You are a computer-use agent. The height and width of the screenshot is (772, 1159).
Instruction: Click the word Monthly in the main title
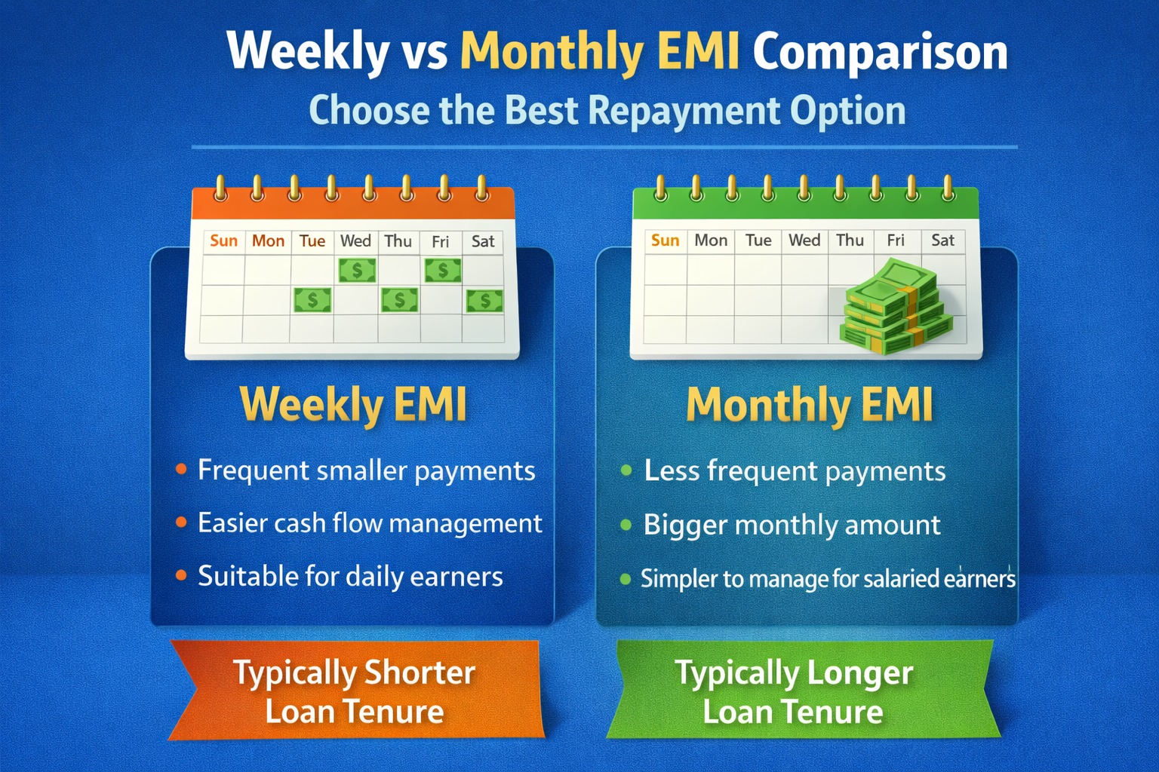click(551, 53)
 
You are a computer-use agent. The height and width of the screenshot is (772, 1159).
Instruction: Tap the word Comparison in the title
click(880, 53)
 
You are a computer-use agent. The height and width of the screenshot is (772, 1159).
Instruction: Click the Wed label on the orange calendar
click(355, 241)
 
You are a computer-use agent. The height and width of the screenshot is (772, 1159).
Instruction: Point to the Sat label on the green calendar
click(942, 240)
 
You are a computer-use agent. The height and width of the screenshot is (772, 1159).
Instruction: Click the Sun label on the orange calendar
click(223, 241)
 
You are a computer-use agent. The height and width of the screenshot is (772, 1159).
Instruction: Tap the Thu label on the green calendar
click(850, 240)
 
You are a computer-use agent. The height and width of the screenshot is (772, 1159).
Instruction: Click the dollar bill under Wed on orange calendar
click(357, 270)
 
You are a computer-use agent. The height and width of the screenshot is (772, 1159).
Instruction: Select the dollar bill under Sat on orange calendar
click(484, 301)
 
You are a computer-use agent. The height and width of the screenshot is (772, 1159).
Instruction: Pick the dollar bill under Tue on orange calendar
click(312, 301)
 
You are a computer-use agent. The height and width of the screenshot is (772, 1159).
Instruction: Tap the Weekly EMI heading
click(353, 405)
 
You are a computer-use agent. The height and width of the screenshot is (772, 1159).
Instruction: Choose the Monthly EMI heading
click(810, 405)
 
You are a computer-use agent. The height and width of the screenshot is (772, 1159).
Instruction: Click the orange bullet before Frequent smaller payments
click(181, 470)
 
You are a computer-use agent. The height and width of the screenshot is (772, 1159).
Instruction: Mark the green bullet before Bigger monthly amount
click(626, 525)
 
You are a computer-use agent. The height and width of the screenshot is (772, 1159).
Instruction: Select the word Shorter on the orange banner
click(420, 672)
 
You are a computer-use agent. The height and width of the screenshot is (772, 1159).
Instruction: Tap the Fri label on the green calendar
click(896, 240)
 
